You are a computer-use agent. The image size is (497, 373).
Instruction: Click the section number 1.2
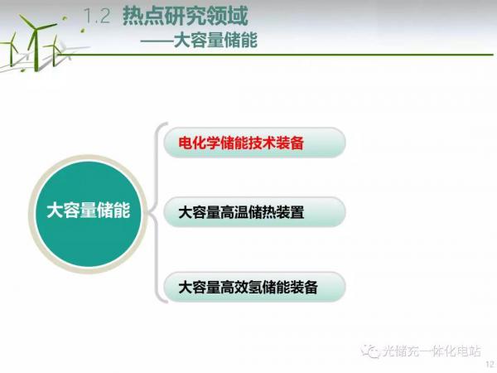pos(97,16)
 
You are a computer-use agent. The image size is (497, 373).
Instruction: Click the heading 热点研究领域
pos(186,16)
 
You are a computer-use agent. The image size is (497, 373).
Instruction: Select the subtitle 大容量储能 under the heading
pos(215,41)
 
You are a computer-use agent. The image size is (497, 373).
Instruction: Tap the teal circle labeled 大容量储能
pos(88,214)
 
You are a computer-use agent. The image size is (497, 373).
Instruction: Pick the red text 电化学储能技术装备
pos(241,143)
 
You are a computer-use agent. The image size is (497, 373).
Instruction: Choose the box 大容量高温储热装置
pos(254,212)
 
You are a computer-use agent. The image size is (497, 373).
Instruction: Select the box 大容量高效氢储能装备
pos(254,287)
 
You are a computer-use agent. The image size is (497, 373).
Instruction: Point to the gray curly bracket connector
pos(156,212)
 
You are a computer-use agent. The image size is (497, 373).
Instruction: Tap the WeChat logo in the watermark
pos(371,351)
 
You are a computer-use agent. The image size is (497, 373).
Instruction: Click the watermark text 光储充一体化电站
pos(432,351)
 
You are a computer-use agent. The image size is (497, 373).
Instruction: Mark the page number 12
pos(490,364)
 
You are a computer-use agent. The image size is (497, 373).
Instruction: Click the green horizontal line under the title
pos(275,55)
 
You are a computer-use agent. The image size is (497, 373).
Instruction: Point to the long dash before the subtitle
pos(157,41)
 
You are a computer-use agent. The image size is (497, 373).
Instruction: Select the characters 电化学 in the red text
pos(200,143)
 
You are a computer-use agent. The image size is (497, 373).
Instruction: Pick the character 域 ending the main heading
pos(238,16)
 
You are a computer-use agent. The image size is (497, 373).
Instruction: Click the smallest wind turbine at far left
pos(12,49)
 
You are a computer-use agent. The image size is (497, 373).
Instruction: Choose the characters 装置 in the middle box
pos(290,212)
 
